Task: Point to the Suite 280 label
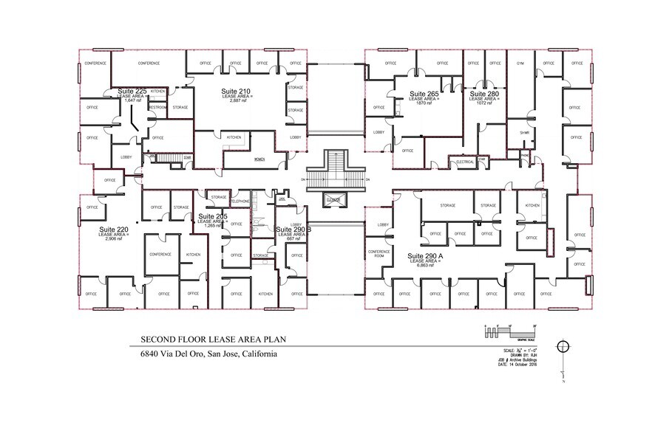click(x=484, y=94)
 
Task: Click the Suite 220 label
click(x=114, y=230)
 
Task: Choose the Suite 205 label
click(x=212, y=216)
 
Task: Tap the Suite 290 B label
click(x=293, y=230)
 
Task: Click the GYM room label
click(x=520, y=63)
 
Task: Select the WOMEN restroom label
click(x=259, y=159)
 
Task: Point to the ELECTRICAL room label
click(x=465, y=161)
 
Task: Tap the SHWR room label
click(x=524, y=133)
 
